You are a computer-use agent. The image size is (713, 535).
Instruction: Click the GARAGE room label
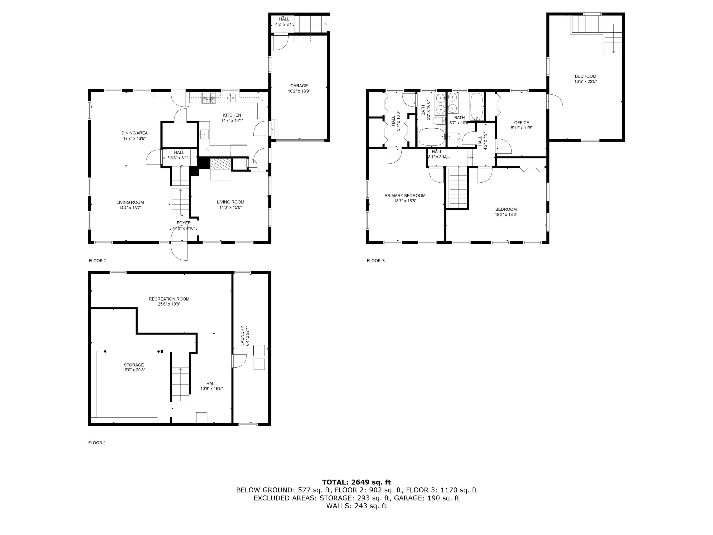click(299, 86)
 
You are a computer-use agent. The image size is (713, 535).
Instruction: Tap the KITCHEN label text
click(232, 115)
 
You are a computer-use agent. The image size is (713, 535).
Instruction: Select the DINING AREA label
click(135, 133)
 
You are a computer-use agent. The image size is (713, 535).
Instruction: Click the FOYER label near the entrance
click(184, 223)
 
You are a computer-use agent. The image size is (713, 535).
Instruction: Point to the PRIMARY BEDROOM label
click(405, 195)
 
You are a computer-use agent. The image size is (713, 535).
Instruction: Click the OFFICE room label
click(521, 122)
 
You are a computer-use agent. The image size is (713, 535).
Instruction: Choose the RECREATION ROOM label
click(169, 299)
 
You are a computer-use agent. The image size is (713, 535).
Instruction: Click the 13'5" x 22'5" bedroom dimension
click(585, 82)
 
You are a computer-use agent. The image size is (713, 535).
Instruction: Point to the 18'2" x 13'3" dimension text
click(506, 214)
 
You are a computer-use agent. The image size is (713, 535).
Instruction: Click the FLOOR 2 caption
click(97, 261)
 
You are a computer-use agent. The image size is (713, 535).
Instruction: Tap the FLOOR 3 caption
click(376, 261)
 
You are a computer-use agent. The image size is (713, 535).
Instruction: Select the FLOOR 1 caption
click(97, 443)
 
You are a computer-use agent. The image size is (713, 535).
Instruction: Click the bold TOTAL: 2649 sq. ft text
click(356, 482)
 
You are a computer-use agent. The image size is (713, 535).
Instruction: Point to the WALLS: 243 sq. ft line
click(356, 506)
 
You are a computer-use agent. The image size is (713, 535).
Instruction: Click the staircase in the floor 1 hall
click(180, 384)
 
